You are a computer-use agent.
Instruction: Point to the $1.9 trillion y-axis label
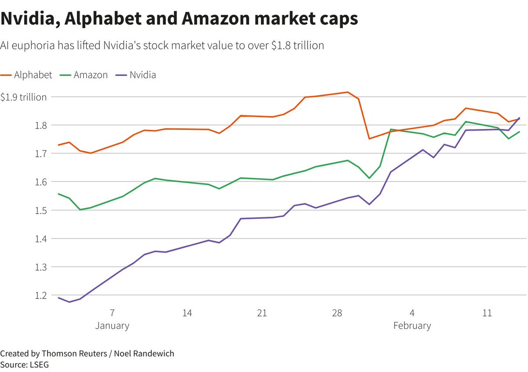pyautogui.click(x=23, y=97)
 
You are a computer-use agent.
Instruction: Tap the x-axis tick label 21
pyautogui.click(x=262, y=313)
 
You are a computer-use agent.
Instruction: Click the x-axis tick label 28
pyautogui.click(x=337, y=313)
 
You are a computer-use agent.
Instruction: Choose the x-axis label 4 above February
pyautogui.click(x=412, y=313)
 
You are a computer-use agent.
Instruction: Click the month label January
pyautogui.click(x=112, y=326)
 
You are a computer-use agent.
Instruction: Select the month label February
pyautogui.click(x=412, y=326)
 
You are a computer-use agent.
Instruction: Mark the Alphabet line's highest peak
pyautogui.click(x=348, y=92)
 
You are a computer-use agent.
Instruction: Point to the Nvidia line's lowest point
pyautogui.click(x=69, y=302)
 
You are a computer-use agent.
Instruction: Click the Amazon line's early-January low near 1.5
pyautogui.click(x=80, y=210)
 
